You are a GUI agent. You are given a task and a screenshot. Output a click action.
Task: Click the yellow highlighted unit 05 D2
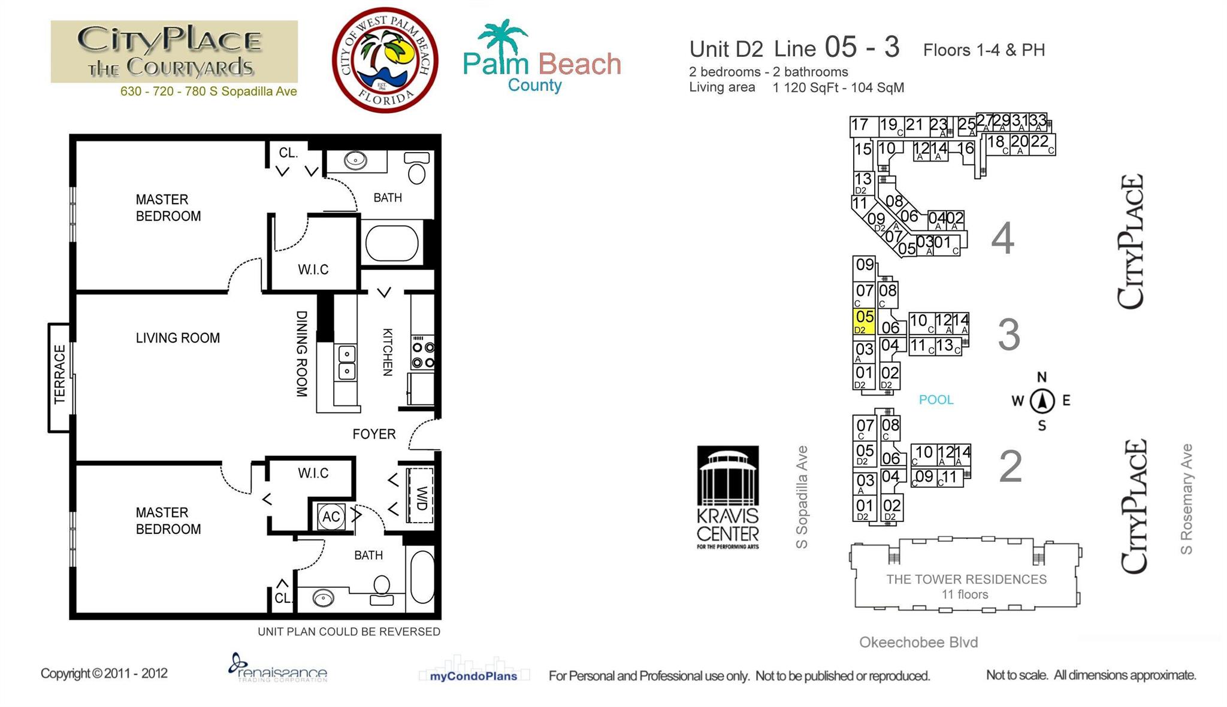click(864, 321)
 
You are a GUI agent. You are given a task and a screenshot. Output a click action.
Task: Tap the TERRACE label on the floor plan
click(59, 374)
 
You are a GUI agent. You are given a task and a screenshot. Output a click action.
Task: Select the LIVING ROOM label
click(177, 338)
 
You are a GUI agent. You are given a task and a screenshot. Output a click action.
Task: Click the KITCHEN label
click(388, 352)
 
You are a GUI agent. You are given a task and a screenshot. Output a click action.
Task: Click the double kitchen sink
click(347, 362)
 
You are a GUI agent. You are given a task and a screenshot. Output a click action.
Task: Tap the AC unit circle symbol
click(331, 517)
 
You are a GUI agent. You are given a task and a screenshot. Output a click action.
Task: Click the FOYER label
click(374, 434)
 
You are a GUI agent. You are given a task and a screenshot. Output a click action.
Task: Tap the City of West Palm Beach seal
click(385, 60)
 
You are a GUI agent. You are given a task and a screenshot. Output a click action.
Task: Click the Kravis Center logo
click(728, 497)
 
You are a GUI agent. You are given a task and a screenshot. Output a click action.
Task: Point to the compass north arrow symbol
click(1042, 400)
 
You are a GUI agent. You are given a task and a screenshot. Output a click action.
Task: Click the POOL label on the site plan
click(936, 400)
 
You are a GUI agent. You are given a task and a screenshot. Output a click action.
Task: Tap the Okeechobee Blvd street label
click(918, 642)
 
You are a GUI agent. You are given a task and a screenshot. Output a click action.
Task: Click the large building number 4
click(1002, 238)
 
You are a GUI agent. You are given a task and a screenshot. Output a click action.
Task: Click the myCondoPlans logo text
click(473, 676)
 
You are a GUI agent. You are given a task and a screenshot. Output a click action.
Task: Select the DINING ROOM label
click(301, 353)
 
